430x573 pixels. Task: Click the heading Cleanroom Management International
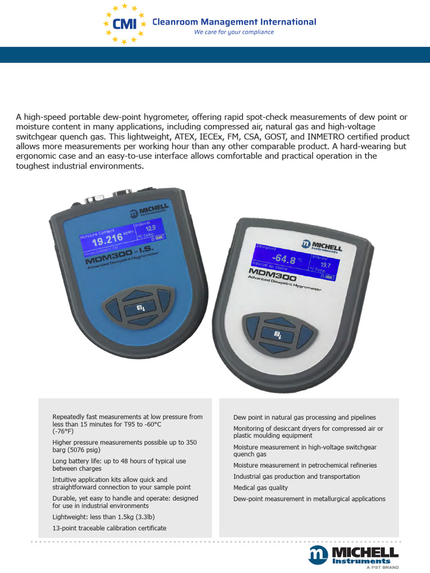[235, 22]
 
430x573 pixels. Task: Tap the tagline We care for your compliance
[233, 32]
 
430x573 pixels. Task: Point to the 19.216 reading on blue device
[107, 241]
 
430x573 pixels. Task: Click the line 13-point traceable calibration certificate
[109, 528]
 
